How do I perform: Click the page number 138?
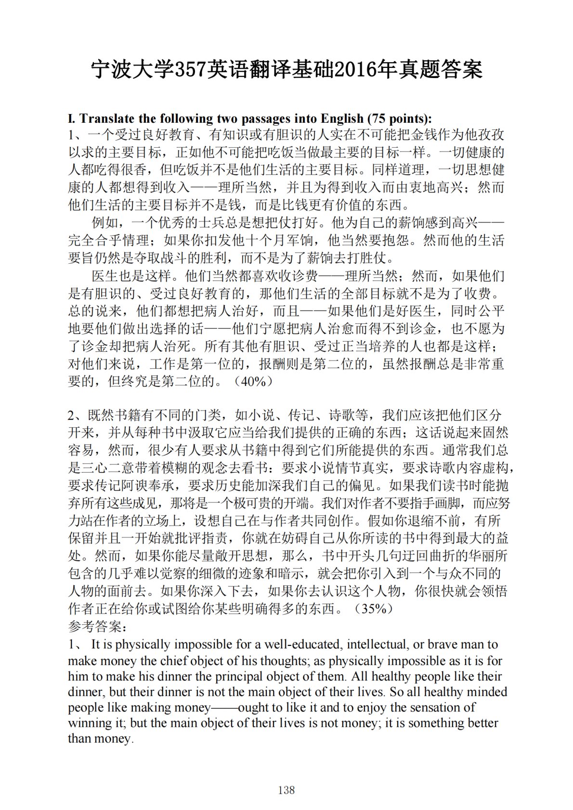[286, 790]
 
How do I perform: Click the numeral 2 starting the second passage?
[72, 415]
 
